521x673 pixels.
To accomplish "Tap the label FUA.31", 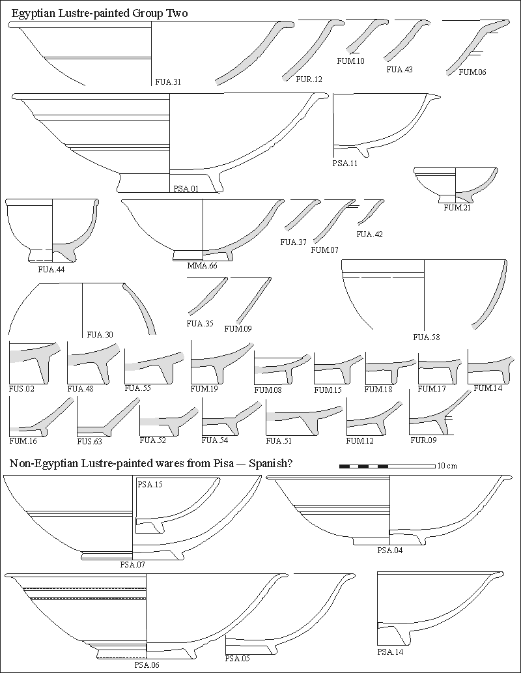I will click(167, 82).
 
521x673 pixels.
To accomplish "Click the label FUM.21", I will click(457, 208).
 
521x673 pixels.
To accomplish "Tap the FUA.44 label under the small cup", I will click(51, 268).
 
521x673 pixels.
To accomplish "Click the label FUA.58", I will click(427, 337).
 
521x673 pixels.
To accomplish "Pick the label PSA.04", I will click(389, 551).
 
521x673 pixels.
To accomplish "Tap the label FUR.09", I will click(423, 440).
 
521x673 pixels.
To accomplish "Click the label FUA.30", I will click(100, 335).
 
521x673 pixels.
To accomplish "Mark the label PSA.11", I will click(345, 164).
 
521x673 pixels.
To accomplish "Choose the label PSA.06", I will click(147, 665).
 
